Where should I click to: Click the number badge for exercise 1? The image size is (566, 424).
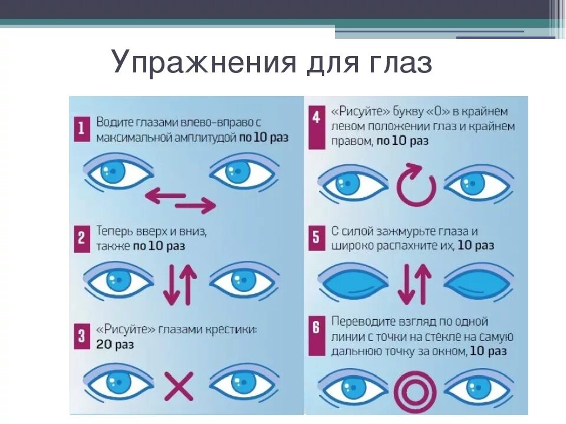click(81, 129)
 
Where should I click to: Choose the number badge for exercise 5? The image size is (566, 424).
click(316, 238)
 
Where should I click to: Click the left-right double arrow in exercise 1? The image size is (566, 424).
click(180, 200)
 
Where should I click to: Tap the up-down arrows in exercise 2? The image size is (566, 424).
click(180, 284)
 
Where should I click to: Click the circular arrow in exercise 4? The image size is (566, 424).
click(416, 185)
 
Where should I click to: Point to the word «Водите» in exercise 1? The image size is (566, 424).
click(114, 122)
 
